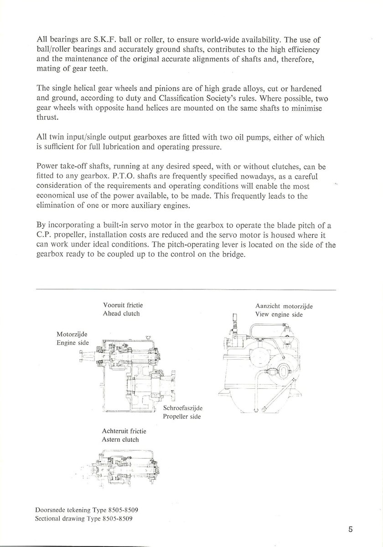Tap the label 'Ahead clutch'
click(121, 314)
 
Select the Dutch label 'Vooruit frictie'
click(123, 305)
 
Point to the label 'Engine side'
click(73, 342)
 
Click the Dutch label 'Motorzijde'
click(72, 334)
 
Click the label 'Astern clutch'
click(120, 440)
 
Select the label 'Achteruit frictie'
click(124, 431)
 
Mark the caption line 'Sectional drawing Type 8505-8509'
click(84, 519)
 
